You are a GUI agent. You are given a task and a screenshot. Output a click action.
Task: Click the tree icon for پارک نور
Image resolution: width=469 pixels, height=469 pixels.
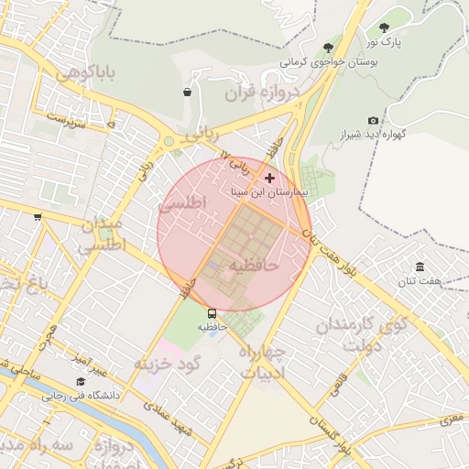pyautogui.click(x=384, y=27)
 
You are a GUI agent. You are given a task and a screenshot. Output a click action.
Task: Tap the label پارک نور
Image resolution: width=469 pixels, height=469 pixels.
pyautogui.click(x=385, y=42)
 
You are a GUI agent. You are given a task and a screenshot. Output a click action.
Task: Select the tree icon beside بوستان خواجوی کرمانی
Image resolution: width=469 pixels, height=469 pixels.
pyautogui.click(x=328, y=48)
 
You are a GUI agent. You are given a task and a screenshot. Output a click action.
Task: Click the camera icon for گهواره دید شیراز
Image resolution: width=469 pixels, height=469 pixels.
pyautogui.click(x=373, y=121)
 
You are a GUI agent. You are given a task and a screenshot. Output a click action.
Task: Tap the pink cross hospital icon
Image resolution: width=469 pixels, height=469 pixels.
pyautogui.click(x=268, y=177)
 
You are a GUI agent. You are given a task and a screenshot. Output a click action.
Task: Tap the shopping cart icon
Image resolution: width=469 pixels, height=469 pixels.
pyautogui.click(x=38, y=217)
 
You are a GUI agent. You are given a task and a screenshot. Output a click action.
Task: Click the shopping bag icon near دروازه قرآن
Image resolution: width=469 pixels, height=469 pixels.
pyautogui.click(x=187, y=92)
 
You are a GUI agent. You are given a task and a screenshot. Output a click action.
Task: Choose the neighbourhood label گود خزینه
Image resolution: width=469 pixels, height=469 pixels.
pyautogui.click(x=167, y=365)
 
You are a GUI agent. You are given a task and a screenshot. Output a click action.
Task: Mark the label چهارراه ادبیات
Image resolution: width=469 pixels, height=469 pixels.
pyautogui.click(x=264, y=361)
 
